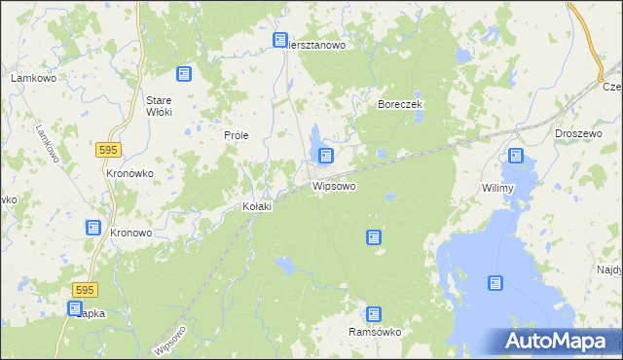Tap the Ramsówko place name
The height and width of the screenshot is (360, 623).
(375, 332)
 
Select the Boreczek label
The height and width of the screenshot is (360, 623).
(398, 104)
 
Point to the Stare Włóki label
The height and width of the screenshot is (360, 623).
(159, 106)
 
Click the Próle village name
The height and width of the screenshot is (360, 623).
(238, 135)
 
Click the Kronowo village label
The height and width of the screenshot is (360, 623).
(130, 234)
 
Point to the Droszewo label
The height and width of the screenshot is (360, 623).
(574, 132)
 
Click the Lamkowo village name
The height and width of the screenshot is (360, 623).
(30, 77)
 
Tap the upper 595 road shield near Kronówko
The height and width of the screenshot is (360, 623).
(109, 148)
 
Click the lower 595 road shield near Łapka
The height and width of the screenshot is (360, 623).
(85, 290)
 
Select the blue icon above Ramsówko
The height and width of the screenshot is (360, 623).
(373, 314)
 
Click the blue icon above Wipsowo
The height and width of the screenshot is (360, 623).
(326, 156)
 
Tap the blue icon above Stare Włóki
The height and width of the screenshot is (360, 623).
(183, 74)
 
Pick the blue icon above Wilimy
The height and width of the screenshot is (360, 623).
(515, 156)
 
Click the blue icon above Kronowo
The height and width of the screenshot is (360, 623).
(92, 228)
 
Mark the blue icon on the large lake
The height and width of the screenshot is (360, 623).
(495, 283)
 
